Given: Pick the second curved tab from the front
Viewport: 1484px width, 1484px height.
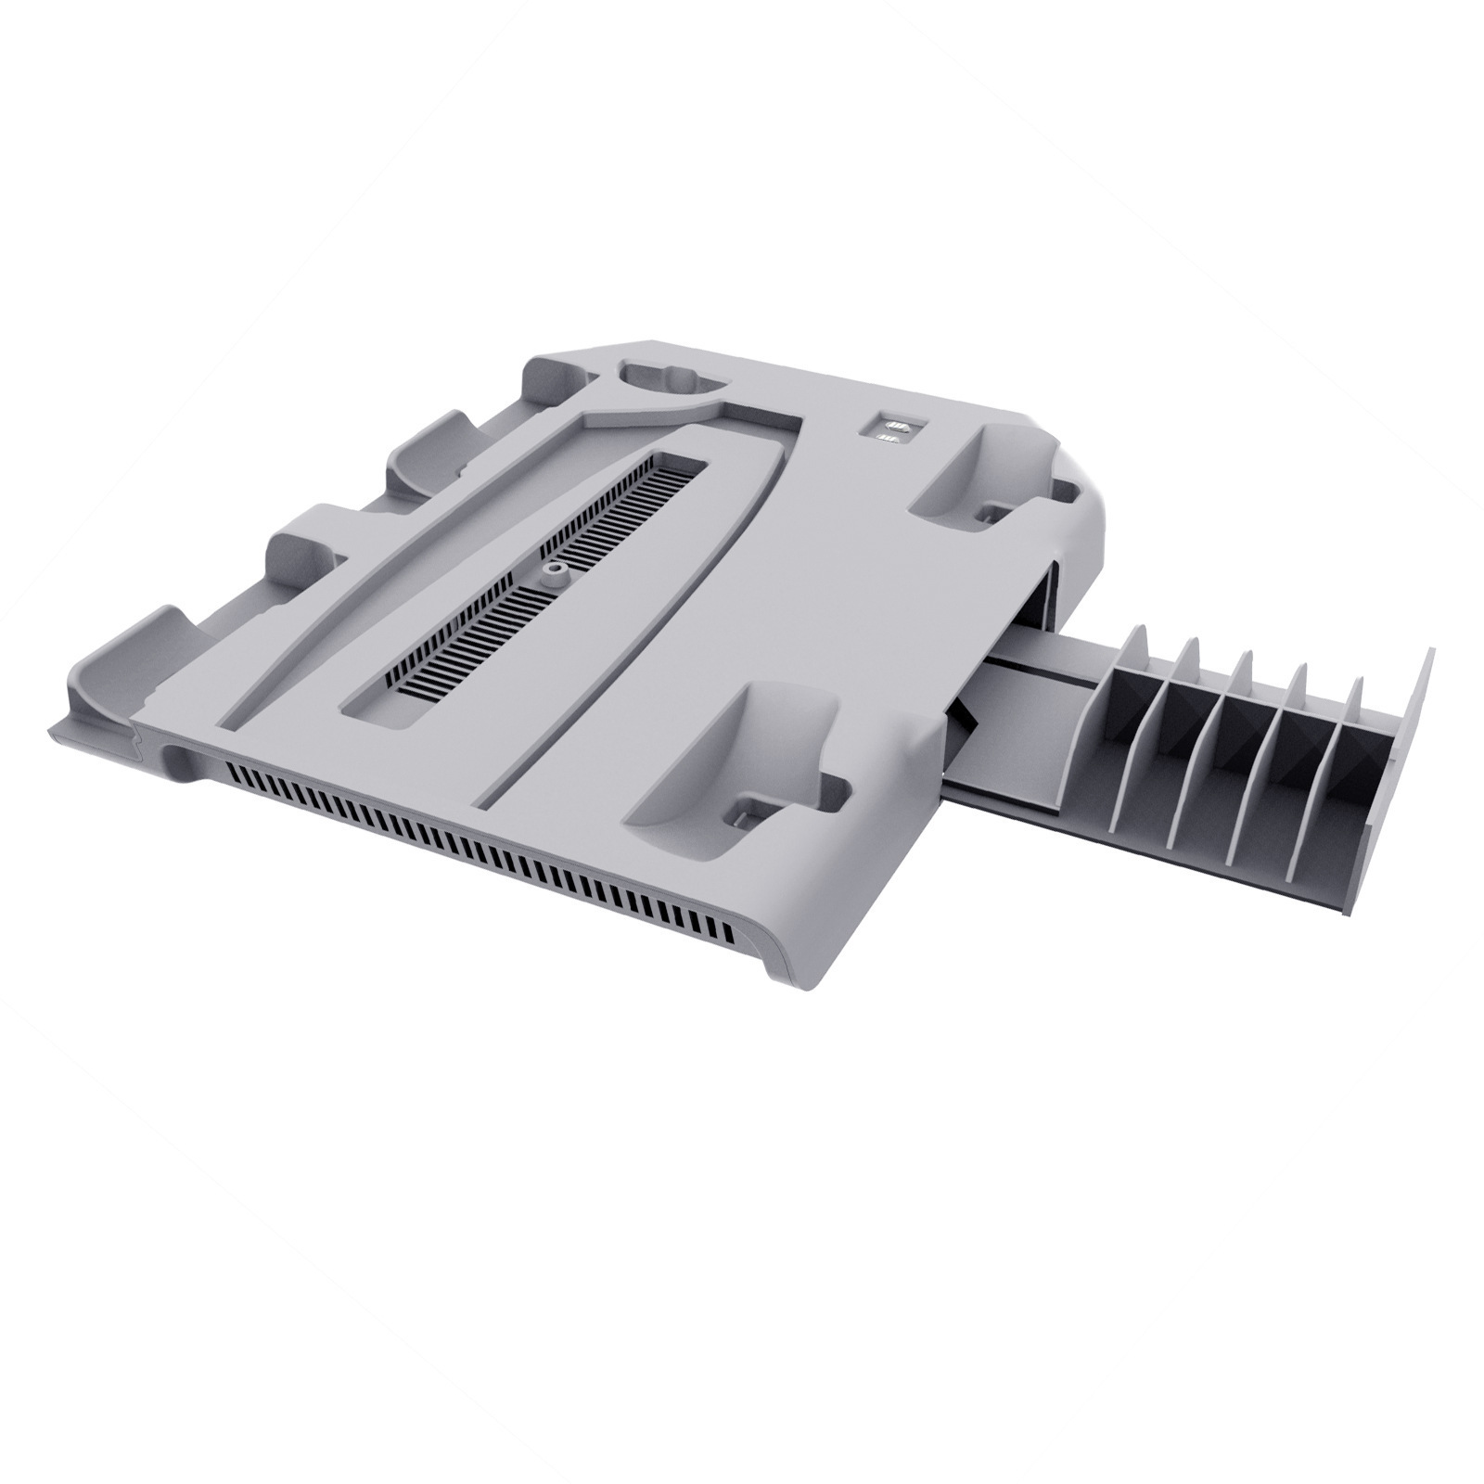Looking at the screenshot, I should click(297, 547).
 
